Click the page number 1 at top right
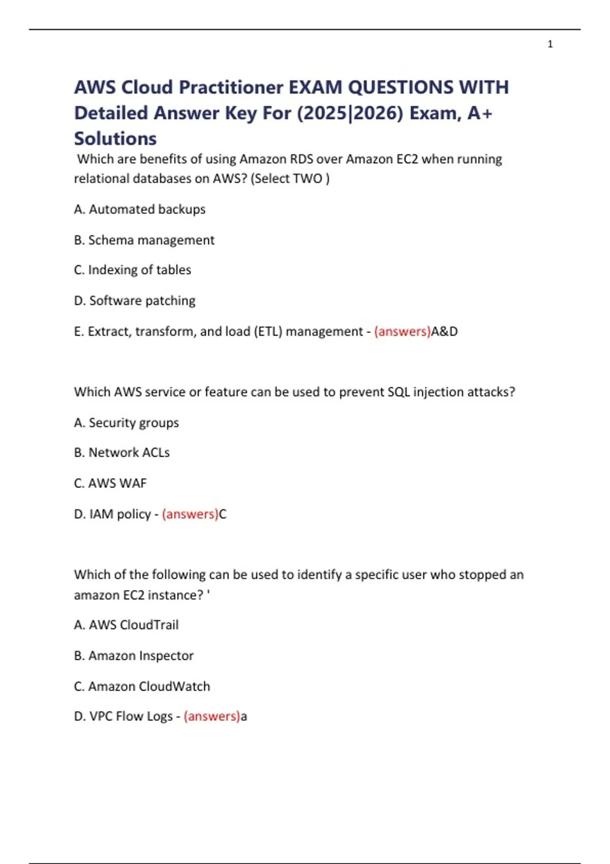click(x=550, y=44)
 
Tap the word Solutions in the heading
click(x=115, y=138)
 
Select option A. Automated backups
click(x=140, y=209)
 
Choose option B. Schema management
click(x=144, y=240)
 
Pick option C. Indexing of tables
click(x=133, y=270)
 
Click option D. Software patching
click(x=135, y=300)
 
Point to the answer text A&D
click(x=444, y=331)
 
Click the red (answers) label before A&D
click(x=402, y=331)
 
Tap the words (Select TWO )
click(x=290, y=178)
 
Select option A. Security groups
click(x=127, y=422)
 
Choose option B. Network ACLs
click(x=122, y=452)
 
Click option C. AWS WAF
click(x=110, y=483)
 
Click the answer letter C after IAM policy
click(x=223, y=514)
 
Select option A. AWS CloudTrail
click(x=127, y=625)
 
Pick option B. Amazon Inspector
click(x=134, y=656)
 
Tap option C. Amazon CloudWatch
click(x=142, y=686)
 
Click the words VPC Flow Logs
click(x=131, y=716)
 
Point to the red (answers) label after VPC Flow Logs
click(x=211, y=716)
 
